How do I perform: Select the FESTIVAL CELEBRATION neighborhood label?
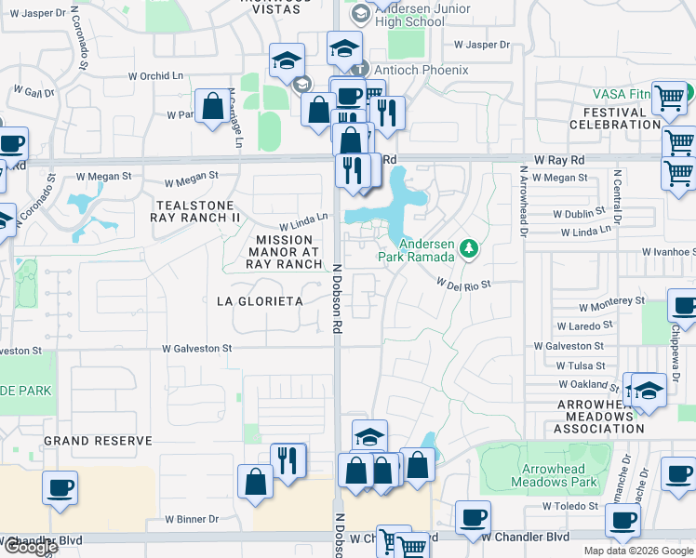pos(615,118)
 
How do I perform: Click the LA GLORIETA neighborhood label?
pos(260,301)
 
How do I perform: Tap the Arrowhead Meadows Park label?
pos(553,476)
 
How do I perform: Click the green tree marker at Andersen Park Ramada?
pos(470,248)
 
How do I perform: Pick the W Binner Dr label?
pos(192,519)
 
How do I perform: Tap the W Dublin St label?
pos(584,213)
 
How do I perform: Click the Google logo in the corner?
pos(30,547)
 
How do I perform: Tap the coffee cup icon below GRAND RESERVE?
pos(60,488)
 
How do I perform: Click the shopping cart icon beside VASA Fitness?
pos(669,98)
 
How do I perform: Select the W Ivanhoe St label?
pos(668,251)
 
